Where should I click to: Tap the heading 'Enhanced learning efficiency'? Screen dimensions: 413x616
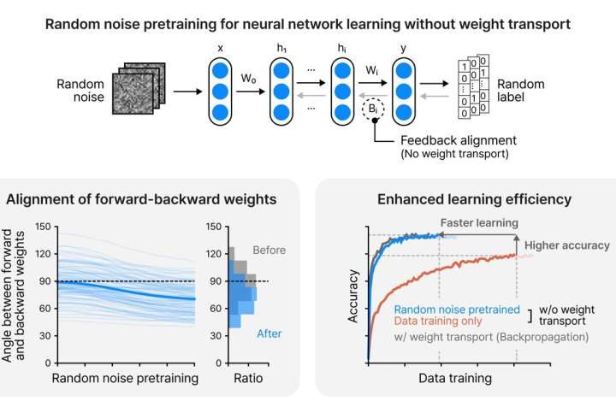463,199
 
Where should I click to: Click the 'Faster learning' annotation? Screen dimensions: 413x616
479,223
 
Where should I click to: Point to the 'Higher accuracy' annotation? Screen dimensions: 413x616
566,245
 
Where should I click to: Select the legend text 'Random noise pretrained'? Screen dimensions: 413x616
458,310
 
